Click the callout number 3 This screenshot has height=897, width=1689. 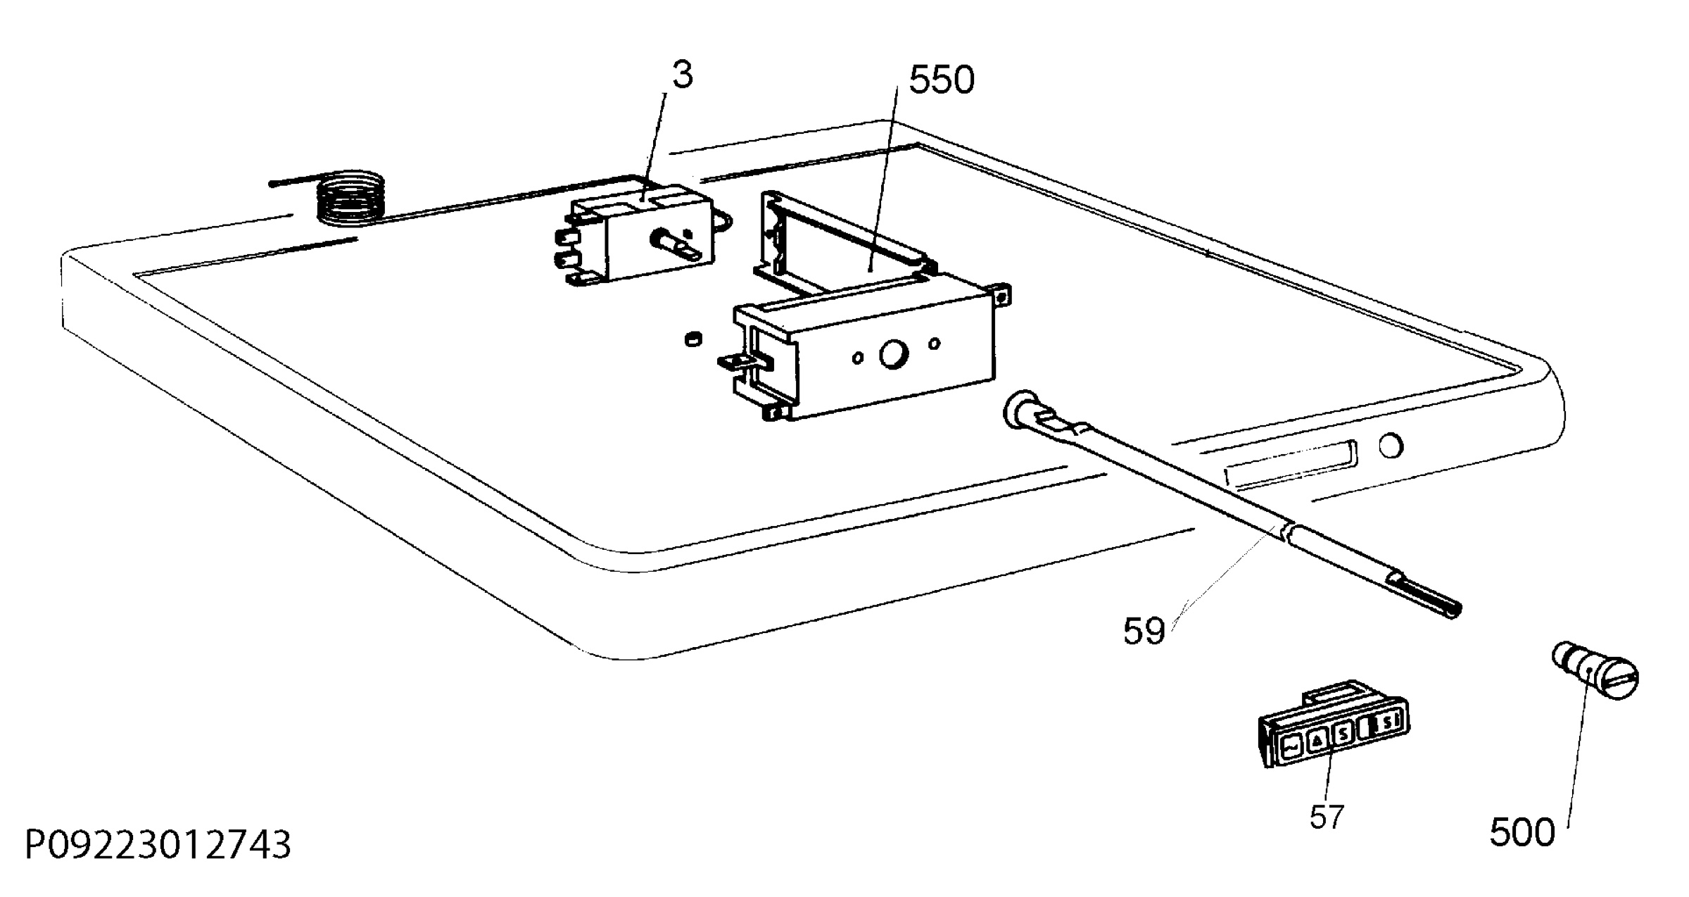[x=682, y=75]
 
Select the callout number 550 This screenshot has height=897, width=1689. [x=942, y=80]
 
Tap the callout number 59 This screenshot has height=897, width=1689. [x=1144, y=631]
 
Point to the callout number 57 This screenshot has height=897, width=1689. [x=1327, y=817]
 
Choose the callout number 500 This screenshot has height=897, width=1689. [x=1522, y=834]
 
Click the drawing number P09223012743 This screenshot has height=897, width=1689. [x=158, y=845]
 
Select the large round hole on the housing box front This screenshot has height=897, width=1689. [x=893, y=354]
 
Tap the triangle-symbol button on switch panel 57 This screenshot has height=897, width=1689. [x=1318, y=739]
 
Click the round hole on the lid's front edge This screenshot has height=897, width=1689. [x=1391, y=446]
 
